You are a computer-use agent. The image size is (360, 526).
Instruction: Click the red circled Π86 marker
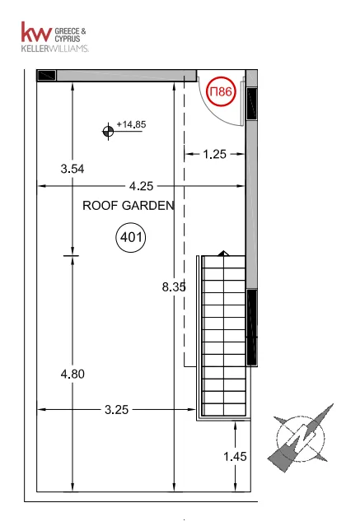pyautogui.click(x=221, y=91)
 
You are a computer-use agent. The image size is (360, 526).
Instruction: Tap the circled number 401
pyautogui.click(x=131, y=237)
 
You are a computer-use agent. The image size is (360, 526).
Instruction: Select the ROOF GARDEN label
pyautogui.click(x=129, y=205)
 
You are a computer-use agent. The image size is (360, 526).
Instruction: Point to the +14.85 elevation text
pyautogui.click(x=131, y=124)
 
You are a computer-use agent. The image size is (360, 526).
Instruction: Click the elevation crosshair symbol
pyautogui.click(x=108, y=131)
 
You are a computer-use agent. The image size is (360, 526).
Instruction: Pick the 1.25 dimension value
pyautogui.click(x=214, y=154)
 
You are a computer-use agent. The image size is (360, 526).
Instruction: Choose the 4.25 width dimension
pyautogui.click(x=141, y=186)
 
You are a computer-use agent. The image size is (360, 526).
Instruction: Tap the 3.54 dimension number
pyautogui.click(x=72, y=169)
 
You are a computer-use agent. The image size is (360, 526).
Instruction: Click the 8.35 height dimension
pyautogui.click(x=174, y=286)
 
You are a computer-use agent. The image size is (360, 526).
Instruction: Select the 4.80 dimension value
pyautogui.click(x=72, y=374)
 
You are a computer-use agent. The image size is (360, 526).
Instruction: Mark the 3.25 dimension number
pyautogui.click(x=116, y=410)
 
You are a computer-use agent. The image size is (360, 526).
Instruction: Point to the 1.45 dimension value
pyautogui.click(x=235, y=457)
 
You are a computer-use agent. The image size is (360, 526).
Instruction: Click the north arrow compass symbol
pyautogui.click(x=300, y=438)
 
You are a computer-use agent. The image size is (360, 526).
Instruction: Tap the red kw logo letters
pyautogui.click(x=36, y=32)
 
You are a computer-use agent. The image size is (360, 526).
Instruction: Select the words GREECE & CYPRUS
pyautogui.click(x=70, y=35)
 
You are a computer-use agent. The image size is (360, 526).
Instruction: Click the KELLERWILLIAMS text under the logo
pyautogui.click(x=54, y=49)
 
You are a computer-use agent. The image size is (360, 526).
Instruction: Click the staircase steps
pyautogui.click(x=224, y=336)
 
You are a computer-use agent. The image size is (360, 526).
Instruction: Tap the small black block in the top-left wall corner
pyautogui.click(x=46, y=75)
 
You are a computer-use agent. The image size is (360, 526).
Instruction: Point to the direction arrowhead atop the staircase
pyautogui.click(x=224, y=254)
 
